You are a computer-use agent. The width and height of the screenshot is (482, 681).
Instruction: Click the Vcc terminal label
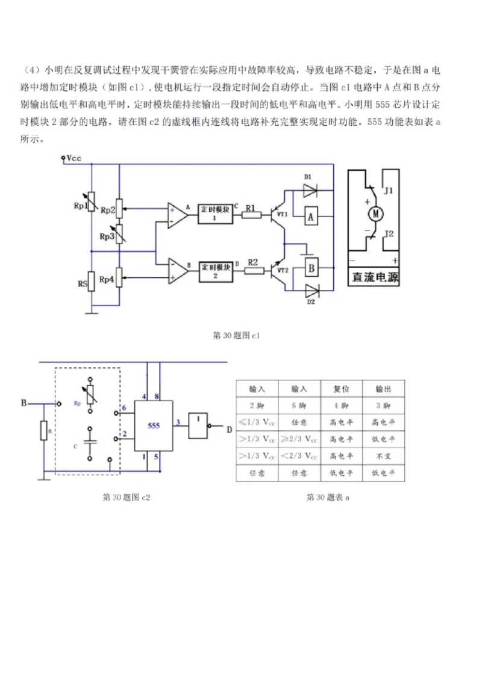click(74, 158)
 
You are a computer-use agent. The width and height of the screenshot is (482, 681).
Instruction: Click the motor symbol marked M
click(376, 213)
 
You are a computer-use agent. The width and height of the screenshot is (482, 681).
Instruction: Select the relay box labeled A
click(311, 217)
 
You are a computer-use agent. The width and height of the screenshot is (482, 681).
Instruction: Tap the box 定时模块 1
click(215, 213)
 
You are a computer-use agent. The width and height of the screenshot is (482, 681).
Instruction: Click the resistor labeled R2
click(254, 271)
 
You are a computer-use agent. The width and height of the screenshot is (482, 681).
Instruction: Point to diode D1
click(310, 190)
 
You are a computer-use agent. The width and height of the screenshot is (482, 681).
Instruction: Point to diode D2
click(311, 291)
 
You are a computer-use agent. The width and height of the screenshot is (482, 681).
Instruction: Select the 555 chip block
click(154, 425)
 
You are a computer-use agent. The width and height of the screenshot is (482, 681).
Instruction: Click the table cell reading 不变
click(383, 457)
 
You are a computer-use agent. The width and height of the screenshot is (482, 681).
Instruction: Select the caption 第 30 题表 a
click(328, 497)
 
